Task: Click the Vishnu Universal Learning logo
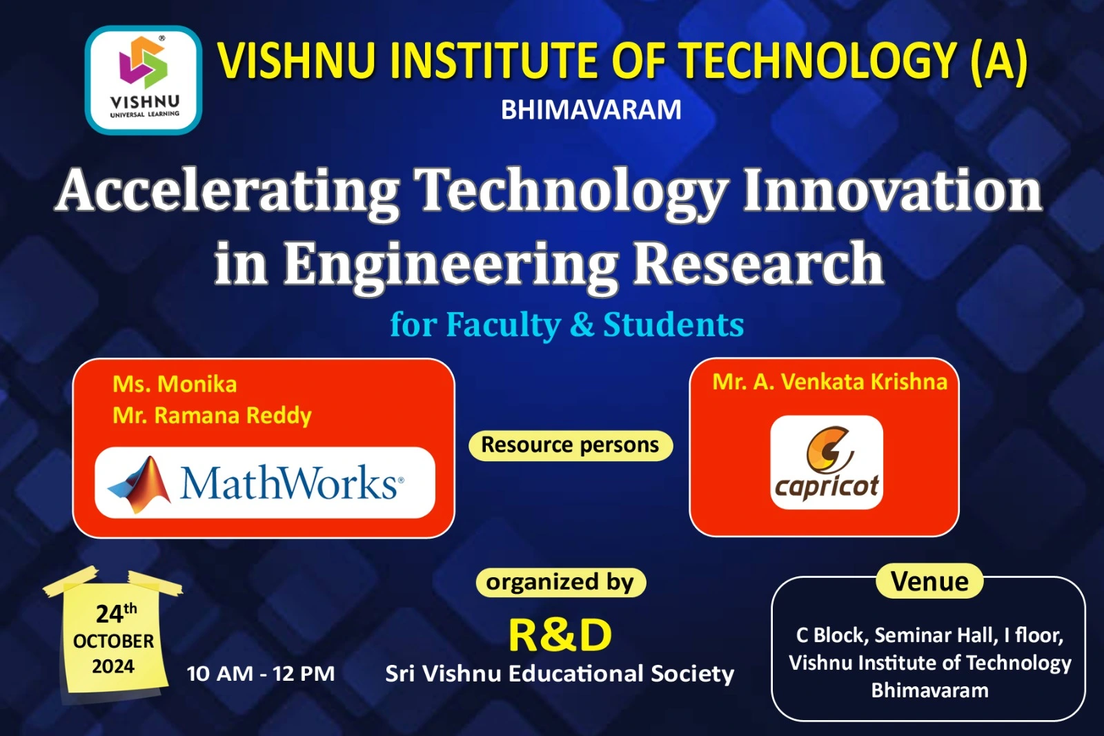pos(144,80)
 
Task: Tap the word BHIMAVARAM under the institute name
pos(591,110)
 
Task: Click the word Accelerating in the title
pos(227,193)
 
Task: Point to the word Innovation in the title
pos(893,191)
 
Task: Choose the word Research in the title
pos(758,263)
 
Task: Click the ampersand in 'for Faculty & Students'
pos(582,325)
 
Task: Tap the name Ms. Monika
pos(175,385)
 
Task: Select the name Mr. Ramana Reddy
pos(212,416)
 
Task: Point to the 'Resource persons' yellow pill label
pos(571,445)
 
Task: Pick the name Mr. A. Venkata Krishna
pos(830,382)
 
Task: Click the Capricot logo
pos(827,462)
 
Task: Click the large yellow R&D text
pos(560,636)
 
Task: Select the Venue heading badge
pos(929,581)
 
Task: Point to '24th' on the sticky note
pos(117,613)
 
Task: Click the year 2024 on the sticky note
pos(113,666)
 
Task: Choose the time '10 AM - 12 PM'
pos(261,674)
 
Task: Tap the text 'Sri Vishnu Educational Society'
pos(560,674)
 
